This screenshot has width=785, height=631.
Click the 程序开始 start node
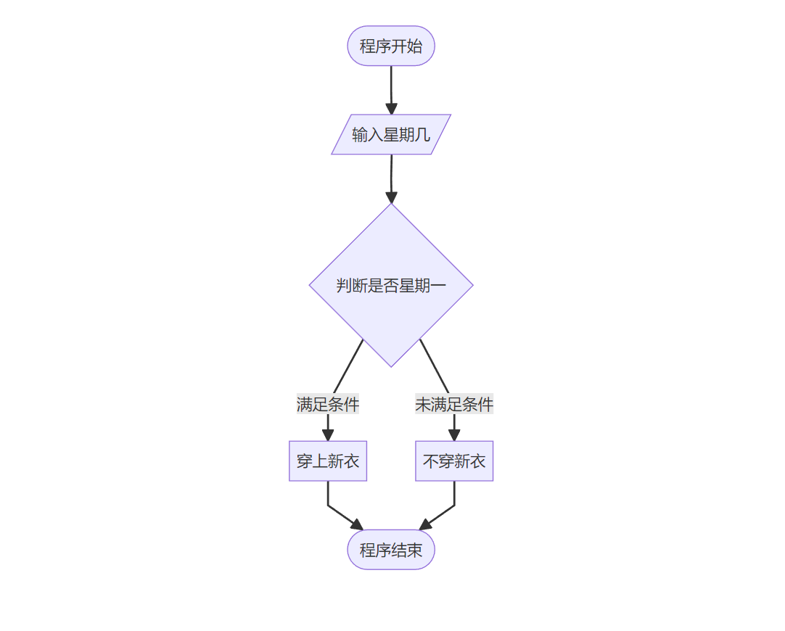(x=391, y=46)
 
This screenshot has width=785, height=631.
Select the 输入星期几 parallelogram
(x=391, y=135)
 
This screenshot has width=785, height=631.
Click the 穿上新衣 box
(x=328, y=461)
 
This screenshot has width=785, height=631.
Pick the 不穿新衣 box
(x=454, y=461)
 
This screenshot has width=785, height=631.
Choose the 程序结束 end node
(x=391, y=550)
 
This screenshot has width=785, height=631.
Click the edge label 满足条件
(x=328, y=404)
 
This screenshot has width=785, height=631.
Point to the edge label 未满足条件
(x=454, y=404)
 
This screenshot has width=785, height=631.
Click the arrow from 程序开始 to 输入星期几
(x=391, y=87)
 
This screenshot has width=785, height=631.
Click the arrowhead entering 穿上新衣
(x=328, y=435)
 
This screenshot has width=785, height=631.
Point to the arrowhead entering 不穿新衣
(x=454, y=435)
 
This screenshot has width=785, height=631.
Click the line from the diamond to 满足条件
(x=348, y=366)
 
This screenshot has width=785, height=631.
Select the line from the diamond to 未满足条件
(x=434, y=366)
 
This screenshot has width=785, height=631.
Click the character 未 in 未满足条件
(x=423, y=404)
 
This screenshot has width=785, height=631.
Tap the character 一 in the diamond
(x=438, y=286)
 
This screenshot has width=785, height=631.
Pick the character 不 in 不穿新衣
(x=431, y=461)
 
